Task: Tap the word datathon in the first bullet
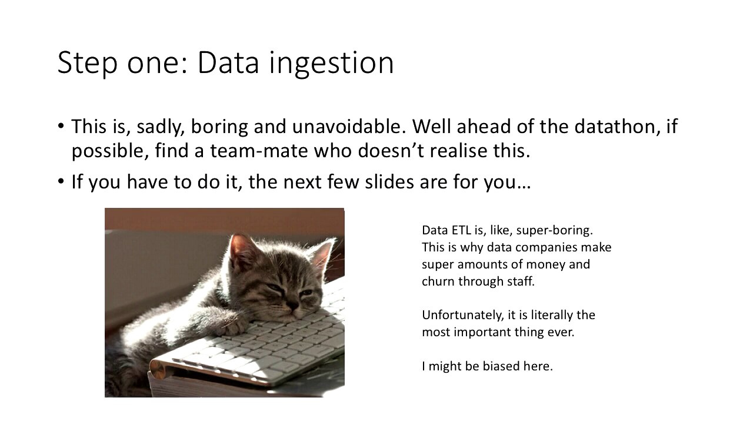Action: [x=617, y=127]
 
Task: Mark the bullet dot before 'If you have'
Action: [x=61, y=181]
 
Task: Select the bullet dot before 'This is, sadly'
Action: [x=61, y=126]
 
